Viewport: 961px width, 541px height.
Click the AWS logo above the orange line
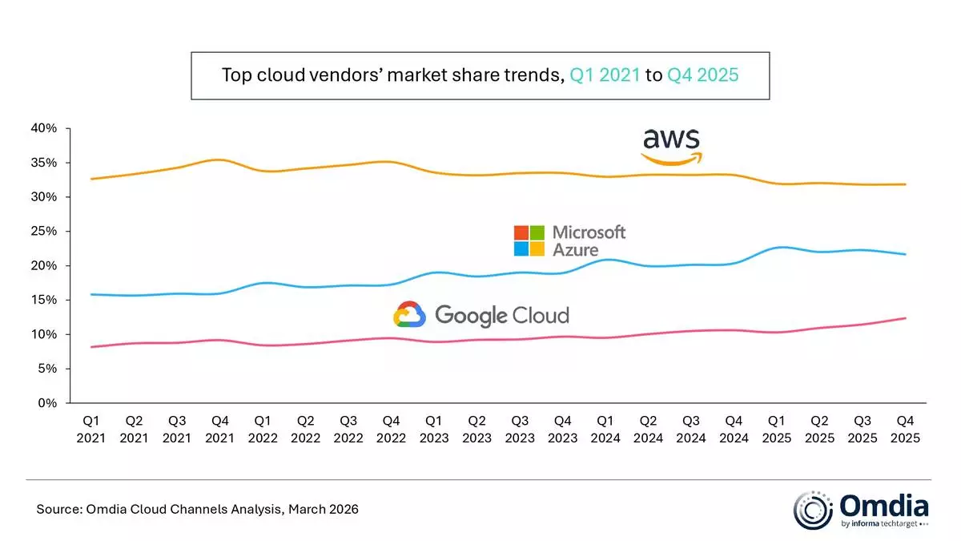tap(671, 147)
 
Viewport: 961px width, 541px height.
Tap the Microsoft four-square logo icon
tap(529, 240)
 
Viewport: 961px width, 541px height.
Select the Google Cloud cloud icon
tap(409, 314)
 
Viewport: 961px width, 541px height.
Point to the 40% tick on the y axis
tap(45, 128)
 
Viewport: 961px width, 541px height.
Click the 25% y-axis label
tap(45, 232)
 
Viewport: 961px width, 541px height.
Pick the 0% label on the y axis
tap(48, 403)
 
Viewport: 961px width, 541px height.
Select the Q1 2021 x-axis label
tap(91, 429)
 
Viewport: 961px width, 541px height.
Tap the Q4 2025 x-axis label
tap(906, 429)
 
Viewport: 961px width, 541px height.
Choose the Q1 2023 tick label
tap(434, 429)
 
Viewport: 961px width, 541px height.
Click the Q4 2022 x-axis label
tap(391, 429)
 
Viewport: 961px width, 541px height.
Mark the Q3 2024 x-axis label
tap(691, 429)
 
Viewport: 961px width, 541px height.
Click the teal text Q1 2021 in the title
tap(605, 76)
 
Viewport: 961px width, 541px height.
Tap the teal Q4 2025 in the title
tap(702, 76)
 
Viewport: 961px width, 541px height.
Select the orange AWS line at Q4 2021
tap(220, 160)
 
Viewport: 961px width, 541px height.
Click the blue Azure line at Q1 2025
tap(777, 248)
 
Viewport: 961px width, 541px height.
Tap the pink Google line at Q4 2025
tap(905, 318)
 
